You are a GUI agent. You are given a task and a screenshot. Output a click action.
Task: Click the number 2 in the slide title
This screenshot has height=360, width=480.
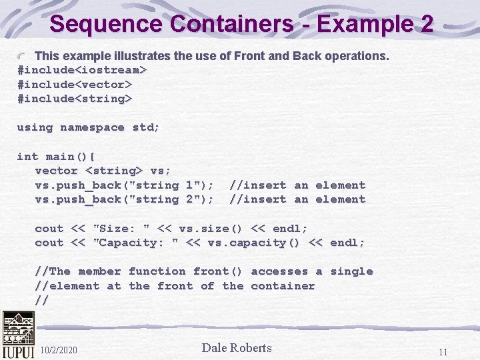(426, 24)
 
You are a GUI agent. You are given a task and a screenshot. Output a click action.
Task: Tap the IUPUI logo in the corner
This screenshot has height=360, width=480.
(17, 335)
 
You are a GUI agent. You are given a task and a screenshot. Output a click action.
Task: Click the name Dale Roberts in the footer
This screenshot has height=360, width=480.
(237, 348)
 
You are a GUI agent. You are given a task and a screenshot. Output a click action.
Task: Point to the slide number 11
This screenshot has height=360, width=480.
(443, 351)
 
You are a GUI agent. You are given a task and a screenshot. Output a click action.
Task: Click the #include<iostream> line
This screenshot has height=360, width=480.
(82, 70)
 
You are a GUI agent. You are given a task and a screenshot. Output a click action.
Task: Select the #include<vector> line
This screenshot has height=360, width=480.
(75, 85)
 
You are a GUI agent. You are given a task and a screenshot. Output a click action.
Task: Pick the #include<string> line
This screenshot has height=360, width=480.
(75, 99)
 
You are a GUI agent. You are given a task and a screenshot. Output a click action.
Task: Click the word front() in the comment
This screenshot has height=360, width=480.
(218, 271)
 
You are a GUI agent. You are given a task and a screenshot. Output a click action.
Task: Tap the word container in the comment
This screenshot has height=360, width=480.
(283, 286)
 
